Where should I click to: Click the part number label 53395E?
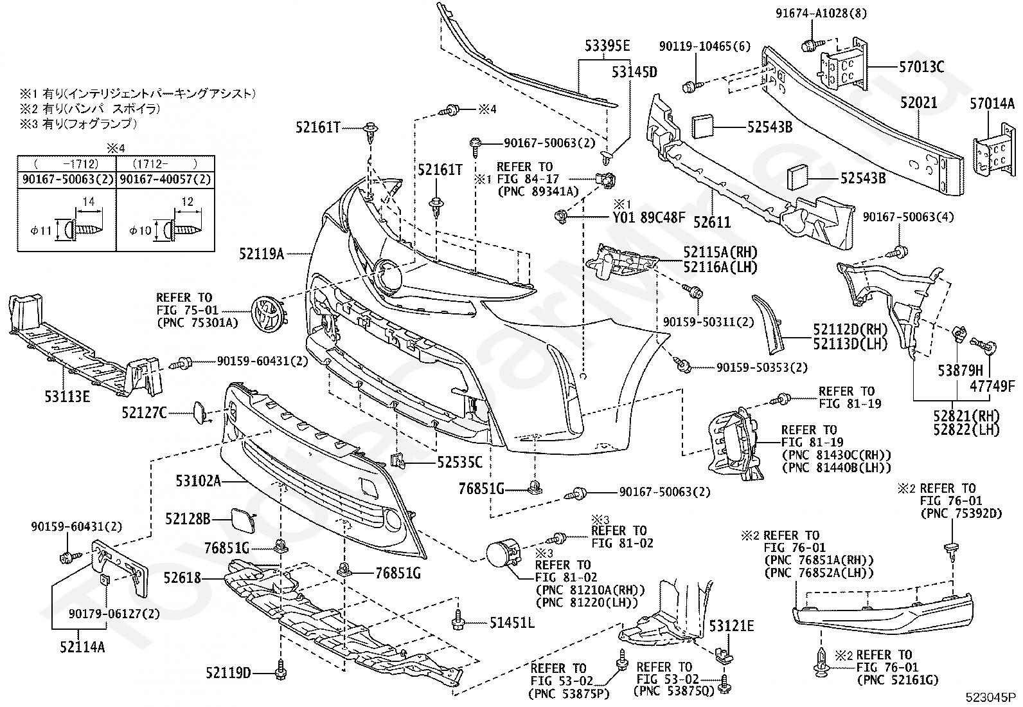(x=607, y=46)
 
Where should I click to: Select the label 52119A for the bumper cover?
(x=262, y=253)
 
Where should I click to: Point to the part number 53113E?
(x=67, y=396)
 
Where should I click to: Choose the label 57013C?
(x=921, y=67)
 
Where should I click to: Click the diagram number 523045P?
(x=992, y=697)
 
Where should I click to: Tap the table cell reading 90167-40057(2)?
(x=166, y=179)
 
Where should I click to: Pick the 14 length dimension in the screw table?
(x=89, y=201)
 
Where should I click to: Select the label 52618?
(x=182, y=578)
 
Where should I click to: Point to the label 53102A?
(x=199, y=481)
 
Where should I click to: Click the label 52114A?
(x=82, y=647)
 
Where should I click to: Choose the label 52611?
(x=712, y=222)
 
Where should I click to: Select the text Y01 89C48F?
(x=649, y=217)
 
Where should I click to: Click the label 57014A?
(x=992, y=104)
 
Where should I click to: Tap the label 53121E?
(x=731, y=625)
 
